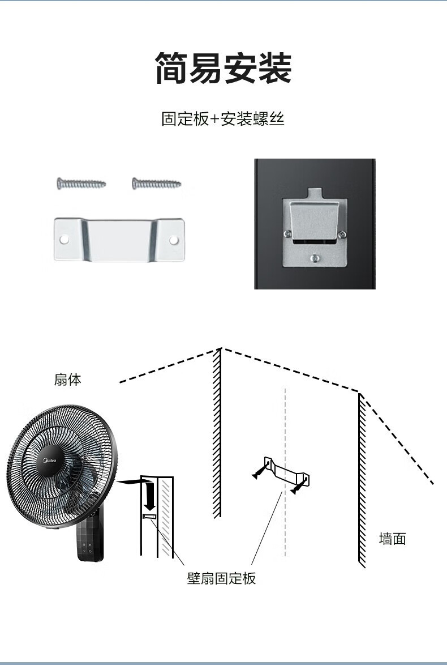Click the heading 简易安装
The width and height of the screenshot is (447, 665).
point(223,68)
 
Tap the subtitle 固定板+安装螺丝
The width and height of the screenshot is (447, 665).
point(223,120)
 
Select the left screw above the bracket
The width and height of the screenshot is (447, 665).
point(81,182)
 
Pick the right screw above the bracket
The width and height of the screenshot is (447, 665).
point(157,183)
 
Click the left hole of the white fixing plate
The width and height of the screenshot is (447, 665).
point(65,240)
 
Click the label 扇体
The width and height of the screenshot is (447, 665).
point(67,380)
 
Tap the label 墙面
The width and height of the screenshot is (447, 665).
point(392,539)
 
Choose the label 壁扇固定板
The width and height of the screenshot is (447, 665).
point(221,578)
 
